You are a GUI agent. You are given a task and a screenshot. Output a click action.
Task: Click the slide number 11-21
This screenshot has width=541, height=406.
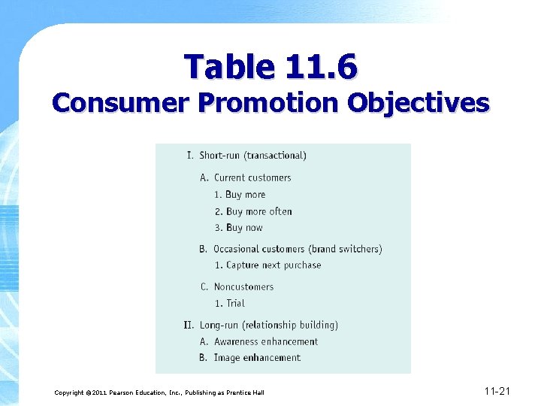pyautogui.click(x=497, y=391)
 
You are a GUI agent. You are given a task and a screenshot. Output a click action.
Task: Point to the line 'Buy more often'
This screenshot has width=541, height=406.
pyautogui.click(x=258, y=211)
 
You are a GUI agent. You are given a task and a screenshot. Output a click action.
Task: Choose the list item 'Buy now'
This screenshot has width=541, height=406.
pyautogui.click(x=244, y=228)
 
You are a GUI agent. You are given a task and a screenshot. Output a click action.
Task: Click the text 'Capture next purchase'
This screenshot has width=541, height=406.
pyautogui.click(x=274, y=265)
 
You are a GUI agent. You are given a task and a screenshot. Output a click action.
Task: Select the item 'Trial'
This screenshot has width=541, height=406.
pyautogui.click(x=235, y=303)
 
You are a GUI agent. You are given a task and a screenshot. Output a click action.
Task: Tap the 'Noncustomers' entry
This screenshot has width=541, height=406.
pyautogui.click(x=243, y=286)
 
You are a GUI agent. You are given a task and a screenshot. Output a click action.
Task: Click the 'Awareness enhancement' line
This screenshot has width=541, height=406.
pyautogui.click(x=266, y=341)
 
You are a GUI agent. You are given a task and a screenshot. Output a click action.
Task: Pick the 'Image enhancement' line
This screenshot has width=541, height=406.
pyautogui.click(x=257, y=358)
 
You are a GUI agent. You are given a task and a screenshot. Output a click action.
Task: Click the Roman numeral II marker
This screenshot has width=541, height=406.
pyautogui.click(x=189, y=325)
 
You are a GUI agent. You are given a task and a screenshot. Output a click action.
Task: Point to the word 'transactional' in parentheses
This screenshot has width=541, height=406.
pyautogui.click(x=277, y=156)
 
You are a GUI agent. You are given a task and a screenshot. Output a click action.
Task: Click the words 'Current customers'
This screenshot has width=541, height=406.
pyautogui.click(x=252, y=177)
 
